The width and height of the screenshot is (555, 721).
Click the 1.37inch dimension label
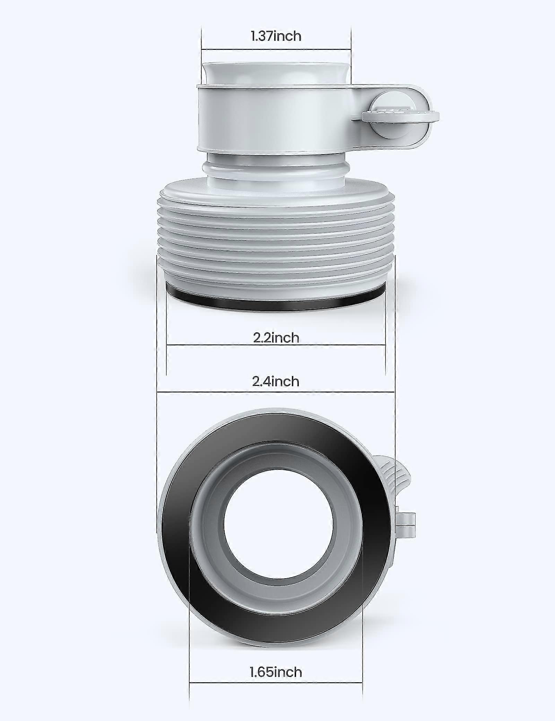276,36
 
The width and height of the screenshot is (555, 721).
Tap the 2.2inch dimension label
276,337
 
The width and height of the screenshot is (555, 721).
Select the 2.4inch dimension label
276,381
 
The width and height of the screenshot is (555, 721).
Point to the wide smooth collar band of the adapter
274,118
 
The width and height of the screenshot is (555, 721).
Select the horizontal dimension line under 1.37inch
276,49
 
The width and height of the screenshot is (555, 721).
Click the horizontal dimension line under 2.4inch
276,392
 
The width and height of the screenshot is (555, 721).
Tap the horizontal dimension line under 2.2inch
276,345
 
